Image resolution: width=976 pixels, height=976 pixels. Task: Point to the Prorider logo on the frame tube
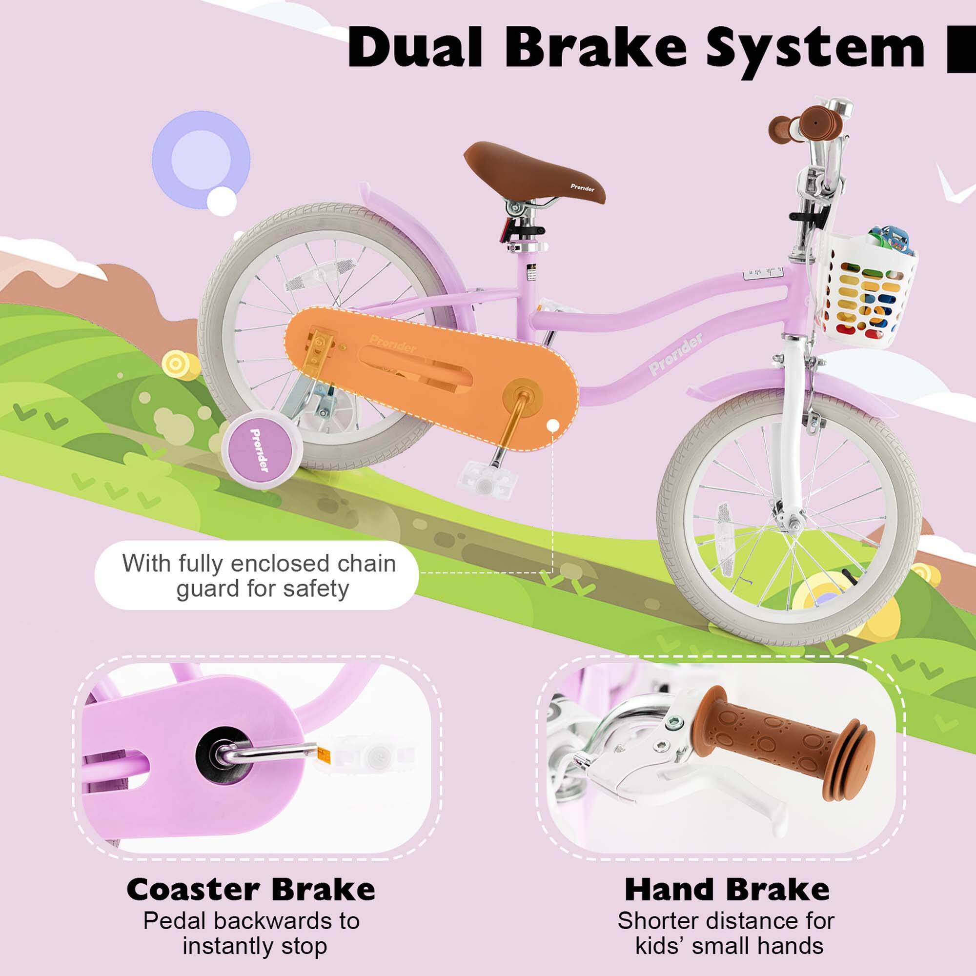[677, 354]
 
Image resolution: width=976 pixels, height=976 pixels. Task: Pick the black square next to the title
[961, 49]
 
